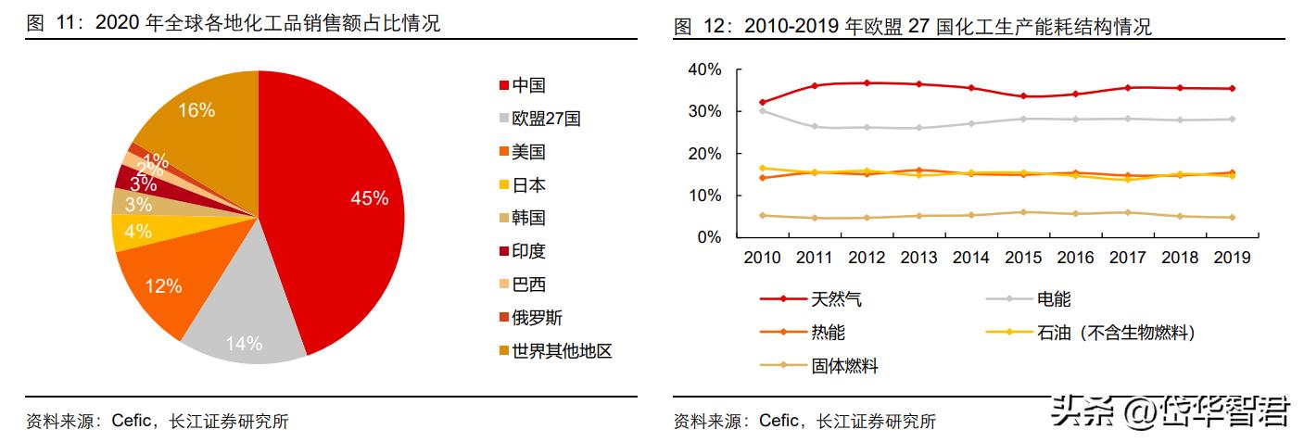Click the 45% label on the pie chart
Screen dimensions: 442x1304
(369, 198)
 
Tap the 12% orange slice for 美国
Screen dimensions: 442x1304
(163, 286)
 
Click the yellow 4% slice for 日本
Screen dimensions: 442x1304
(138, 232)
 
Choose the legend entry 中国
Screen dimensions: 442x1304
(527, 85)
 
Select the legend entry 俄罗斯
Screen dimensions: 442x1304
(536, 319)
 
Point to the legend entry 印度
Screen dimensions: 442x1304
(527, 252)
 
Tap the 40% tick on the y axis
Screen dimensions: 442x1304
(704, 69)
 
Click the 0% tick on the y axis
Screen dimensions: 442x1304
(708, 237)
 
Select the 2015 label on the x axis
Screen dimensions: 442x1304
(1022, 257)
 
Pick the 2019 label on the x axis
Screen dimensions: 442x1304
(1231, 257)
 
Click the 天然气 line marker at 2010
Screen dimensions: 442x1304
(762, 102)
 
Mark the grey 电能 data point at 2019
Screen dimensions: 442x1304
(1231, 119)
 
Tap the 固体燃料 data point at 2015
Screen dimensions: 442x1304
(1022, 212)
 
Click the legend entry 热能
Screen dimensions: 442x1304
(827, 333)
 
